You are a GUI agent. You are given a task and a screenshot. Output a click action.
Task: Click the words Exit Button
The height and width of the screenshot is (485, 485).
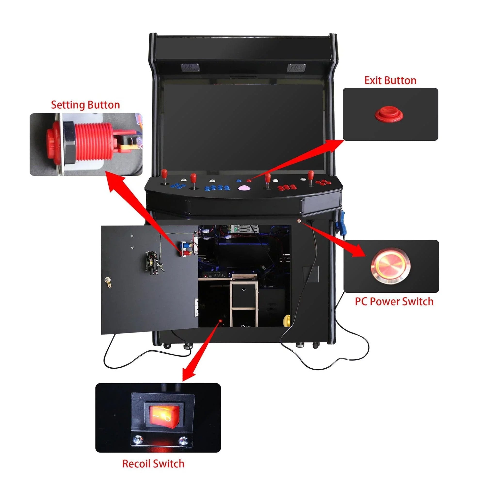[390, 81]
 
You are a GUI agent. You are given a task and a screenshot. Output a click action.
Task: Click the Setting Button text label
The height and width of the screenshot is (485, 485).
[85, 105]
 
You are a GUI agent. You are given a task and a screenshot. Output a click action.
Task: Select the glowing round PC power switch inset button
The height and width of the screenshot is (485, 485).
[391, 266]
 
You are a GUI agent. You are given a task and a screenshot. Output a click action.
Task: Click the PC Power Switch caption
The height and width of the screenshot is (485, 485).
[394, 301]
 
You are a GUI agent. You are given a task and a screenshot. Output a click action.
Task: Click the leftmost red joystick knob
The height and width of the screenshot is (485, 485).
[164, 173]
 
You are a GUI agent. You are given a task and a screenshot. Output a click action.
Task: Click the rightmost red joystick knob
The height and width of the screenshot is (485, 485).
[311, 174]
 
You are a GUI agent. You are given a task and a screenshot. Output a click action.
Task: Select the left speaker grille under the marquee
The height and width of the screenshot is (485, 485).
[190, 67]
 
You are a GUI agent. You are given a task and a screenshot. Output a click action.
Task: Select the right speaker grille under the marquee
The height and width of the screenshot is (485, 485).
[297, 67]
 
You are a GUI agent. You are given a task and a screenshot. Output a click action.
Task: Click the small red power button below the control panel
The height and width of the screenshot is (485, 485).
[299, 221]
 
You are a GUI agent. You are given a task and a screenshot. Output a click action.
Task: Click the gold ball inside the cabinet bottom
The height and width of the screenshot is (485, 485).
[287, 321]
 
